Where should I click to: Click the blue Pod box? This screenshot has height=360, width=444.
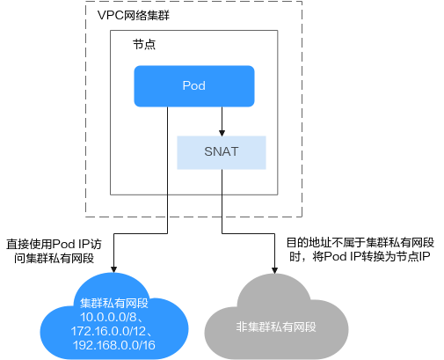click(x=194, y=86)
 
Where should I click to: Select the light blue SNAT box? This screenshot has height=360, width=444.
click(x=222, y=152)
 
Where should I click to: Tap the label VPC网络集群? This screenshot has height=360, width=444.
click(x=134, y=15)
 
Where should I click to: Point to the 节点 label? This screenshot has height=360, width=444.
click(x=144, y=45)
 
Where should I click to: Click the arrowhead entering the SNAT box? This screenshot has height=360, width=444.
click(x=222, y=133)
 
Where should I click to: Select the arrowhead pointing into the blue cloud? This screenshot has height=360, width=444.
click(x=113, y=269)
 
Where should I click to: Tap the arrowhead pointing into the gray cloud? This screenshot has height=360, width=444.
click(x=274, y=270)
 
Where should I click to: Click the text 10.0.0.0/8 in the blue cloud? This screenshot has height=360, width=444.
click(x=108, y=317)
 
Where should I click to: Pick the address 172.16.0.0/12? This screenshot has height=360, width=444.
click(x=108, y=331)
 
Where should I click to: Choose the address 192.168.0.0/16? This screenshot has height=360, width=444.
click(x=114, y=345)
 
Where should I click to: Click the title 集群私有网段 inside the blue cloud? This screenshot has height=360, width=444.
click(x=114, y=303)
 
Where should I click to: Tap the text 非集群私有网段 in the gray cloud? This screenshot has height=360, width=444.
click(x=276, y=327)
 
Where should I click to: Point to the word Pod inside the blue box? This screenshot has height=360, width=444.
click(x=194, y=85)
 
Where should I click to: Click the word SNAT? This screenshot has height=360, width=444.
click(x=222, y=151)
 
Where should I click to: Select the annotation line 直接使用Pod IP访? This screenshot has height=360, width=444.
click(x=54, y=244)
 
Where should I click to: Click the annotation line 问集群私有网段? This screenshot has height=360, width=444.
click(x=54, y=258)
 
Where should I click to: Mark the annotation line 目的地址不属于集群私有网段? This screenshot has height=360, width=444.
click(x=360, y=243)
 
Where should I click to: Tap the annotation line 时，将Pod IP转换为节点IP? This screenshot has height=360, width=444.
click(x=360, y=257)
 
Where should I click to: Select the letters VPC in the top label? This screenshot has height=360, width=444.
click(x=110, y=15)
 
